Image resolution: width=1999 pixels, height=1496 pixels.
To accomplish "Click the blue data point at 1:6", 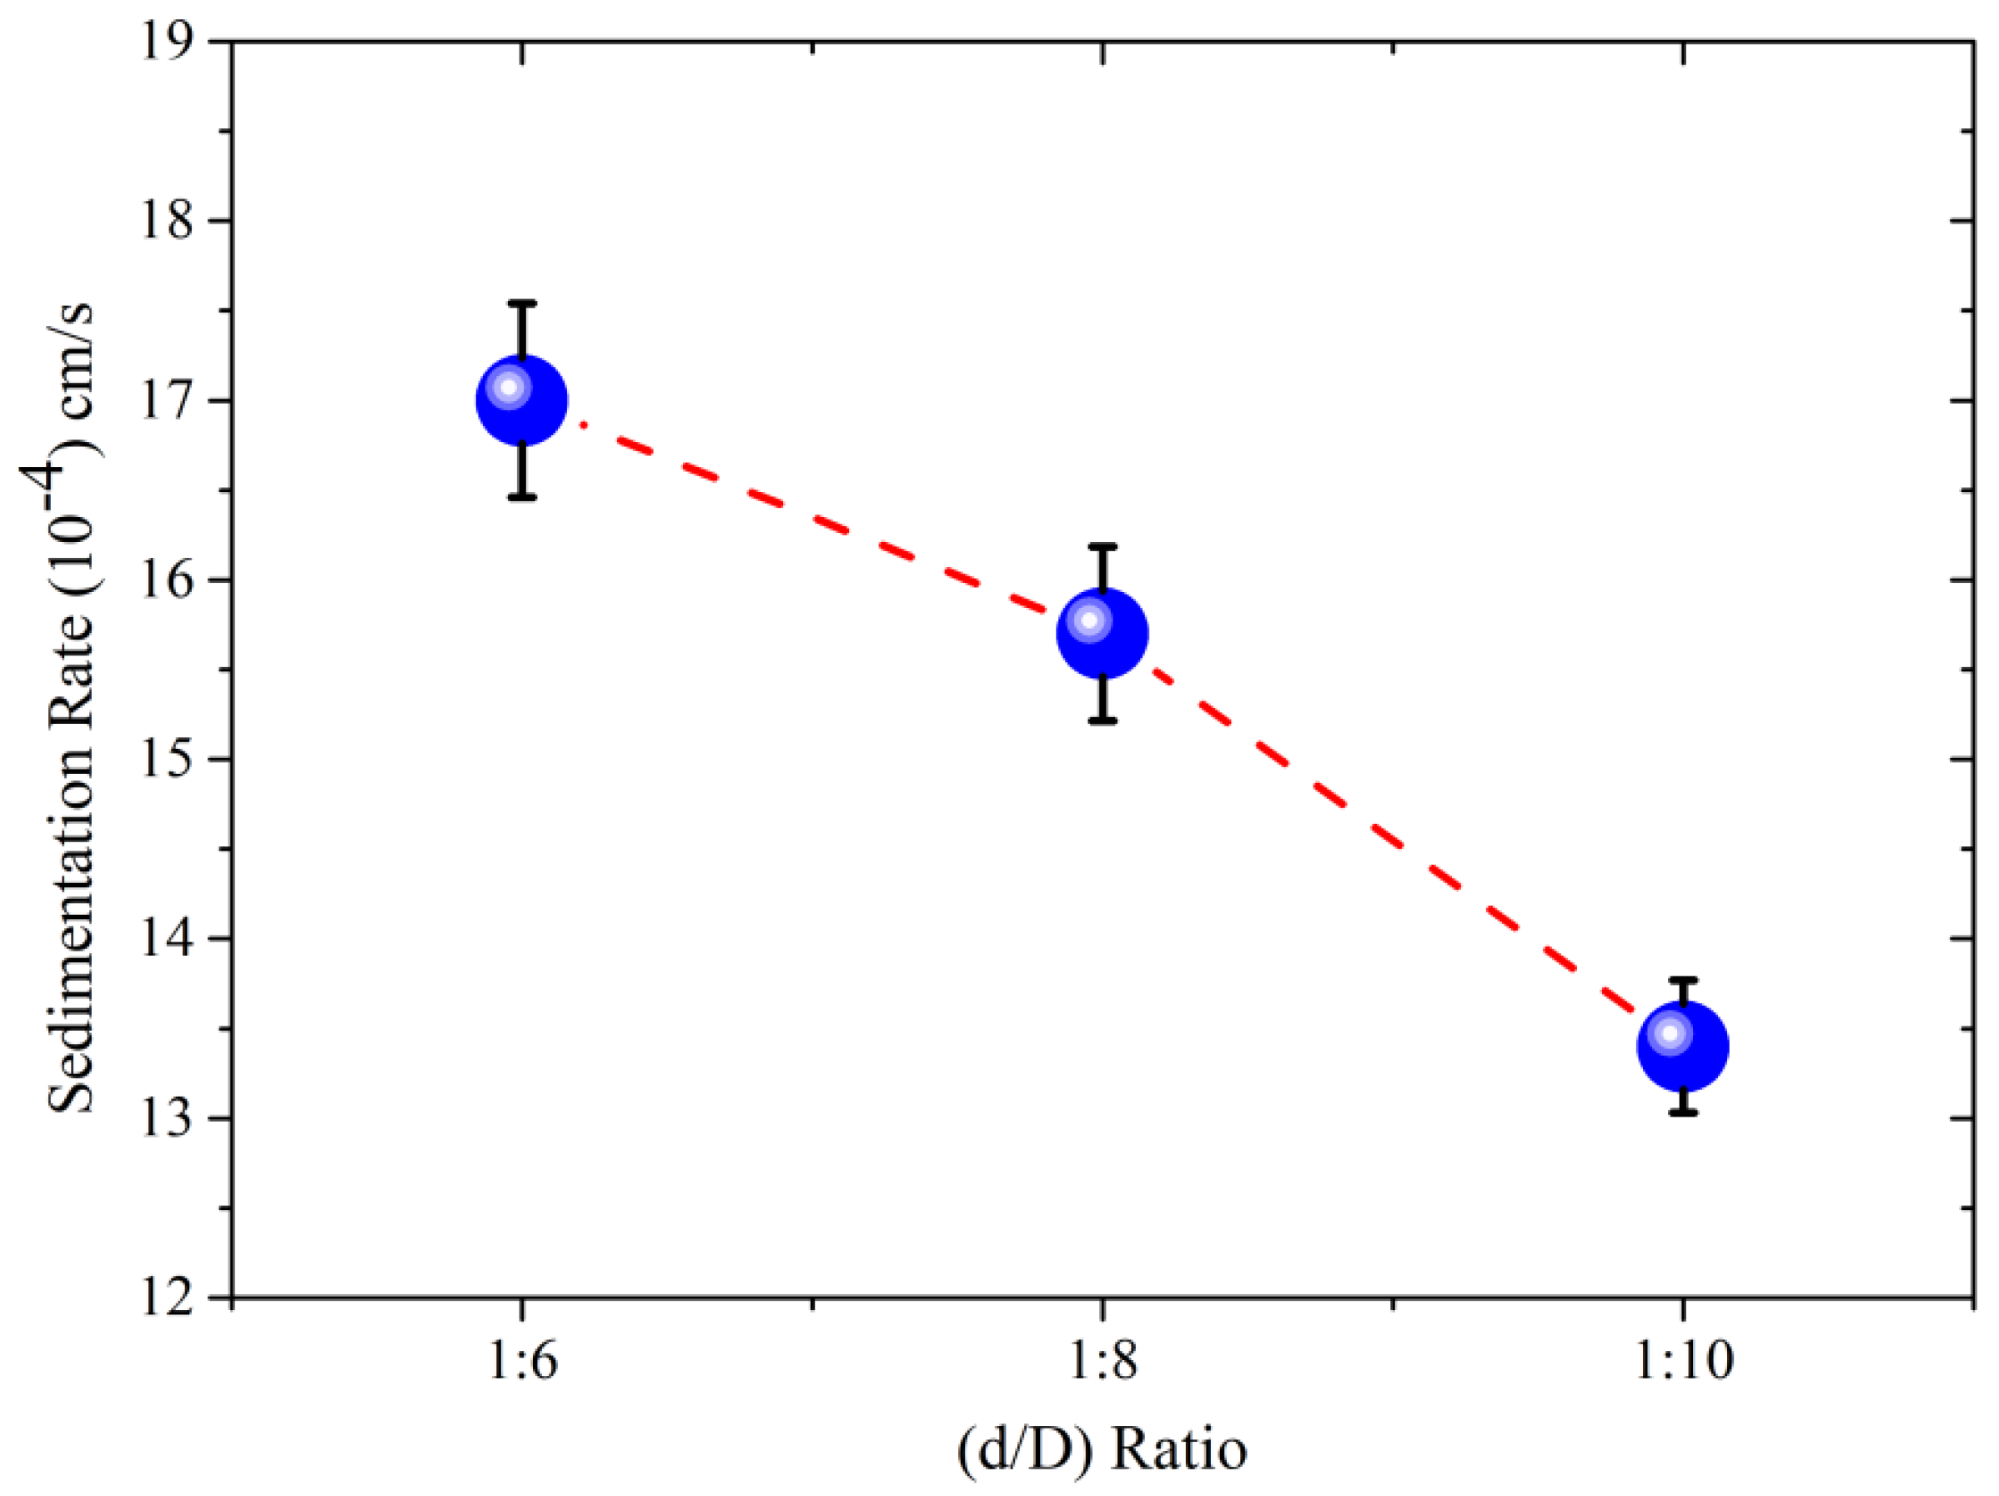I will (521, 400).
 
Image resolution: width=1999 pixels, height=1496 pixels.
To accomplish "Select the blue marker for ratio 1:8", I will (1102, 633).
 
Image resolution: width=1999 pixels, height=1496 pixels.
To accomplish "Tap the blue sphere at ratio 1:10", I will (1683, 1046).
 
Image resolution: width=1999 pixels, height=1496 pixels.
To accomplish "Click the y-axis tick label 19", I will (168, 42).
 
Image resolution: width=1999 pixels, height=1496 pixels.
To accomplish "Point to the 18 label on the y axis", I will (168, 220).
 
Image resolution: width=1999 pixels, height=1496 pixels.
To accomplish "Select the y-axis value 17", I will (168, 400).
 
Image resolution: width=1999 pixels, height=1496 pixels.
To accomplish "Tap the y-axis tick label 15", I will (168, 759).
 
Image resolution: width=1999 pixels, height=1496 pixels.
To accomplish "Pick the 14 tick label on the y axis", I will (168, 939).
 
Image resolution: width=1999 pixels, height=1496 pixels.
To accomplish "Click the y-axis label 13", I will (168, 1118).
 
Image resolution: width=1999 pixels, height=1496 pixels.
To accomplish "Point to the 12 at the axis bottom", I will (168, 1298).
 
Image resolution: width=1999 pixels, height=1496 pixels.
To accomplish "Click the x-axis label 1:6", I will (522, 1361).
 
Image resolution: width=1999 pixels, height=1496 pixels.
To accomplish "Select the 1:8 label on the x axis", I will (1102, 1361).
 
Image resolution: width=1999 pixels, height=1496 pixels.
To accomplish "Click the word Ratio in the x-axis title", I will (1178, 1450).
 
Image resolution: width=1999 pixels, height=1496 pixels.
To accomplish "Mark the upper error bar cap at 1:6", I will (522, 304).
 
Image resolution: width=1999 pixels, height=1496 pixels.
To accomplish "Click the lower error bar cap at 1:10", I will (1683, 1113).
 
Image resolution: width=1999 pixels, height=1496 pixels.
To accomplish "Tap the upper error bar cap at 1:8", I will (1102, 546).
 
